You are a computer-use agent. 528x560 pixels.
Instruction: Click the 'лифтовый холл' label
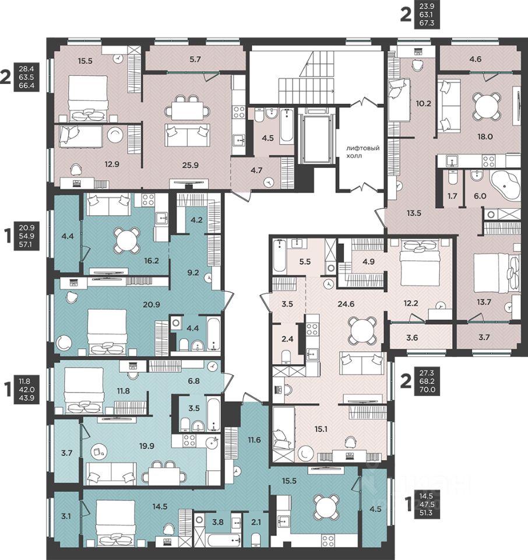coord(363,152)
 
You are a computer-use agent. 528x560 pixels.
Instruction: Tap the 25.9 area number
coord(190,165)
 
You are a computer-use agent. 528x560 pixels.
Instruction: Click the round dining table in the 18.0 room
coord(485,106)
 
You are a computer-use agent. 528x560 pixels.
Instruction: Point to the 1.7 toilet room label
coord(452,196)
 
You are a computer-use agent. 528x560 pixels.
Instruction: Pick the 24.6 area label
coord(346,304)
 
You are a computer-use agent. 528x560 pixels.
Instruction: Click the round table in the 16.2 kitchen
coord(126,240)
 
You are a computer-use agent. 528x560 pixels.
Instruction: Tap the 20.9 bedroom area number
coord(152,304)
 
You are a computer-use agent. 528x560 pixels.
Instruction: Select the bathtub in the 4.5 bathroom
coord(287,126)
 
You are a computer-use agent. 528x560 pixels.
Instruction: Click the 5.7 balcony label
coord(195,60)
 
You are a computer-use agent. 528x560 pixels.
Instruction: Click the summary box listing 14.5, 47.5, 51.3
coord(427,504)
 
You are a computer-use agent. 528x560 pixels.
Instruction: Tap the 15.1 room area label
coord(321,429)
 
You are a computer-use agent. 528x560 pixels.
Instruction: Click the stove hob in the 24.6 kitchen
coord(312,328)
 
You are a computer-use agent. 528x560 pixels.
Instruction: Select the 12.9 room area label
coord(112,164)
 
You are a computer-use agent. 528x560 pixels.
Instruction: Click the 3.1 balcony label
coord(66,516)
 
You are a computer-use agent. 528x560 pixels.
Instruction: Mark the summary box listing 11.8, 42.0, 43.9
coord(27,389)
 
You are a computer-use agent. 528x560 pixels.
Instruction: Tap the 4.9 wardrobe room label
coord(368,261)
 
